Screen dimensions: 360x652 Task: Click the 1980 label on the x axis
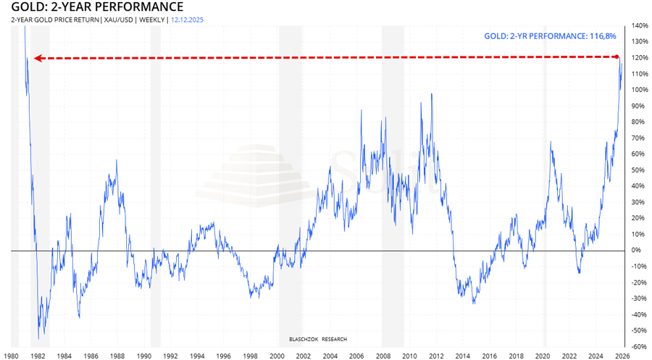(12, 356)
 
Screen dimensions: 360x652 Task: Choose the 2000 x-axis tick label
(277, 356)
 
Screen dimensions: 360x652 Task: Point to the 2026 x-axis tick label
(622, 356)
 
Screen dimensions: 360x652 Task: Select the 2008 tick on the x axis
(383, 356)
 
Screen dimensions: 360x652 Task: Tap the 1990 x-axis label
(144, 356)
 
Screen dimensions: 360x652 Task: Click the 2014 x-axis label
(463, 356)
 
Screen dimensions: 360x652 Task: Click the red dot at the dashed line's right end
(617, 57)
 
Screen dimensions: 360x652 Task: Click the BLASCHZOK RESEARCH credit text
(317, 338)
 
